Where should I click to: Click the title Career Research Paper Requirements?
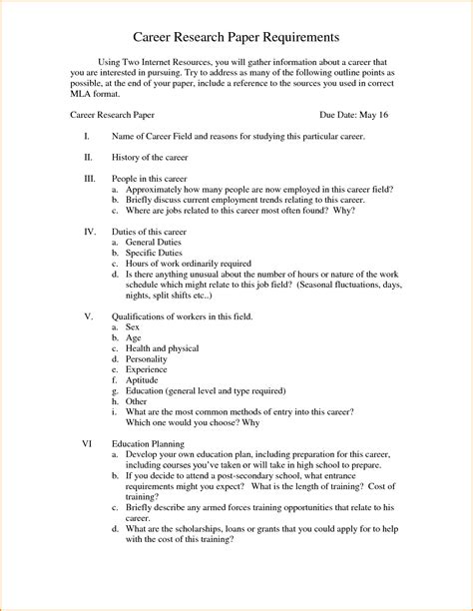[x=236, y=37]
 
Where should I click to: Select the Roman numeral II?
[x=89, y=157]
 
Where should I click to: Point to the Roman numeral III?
[x=91, y=178]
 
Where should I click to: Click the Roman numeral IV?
[x=90, y=231]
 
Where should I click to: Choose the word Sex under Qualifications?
[x=133, y=326]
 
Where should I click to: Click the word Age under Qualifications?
[x=133, y=338]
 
